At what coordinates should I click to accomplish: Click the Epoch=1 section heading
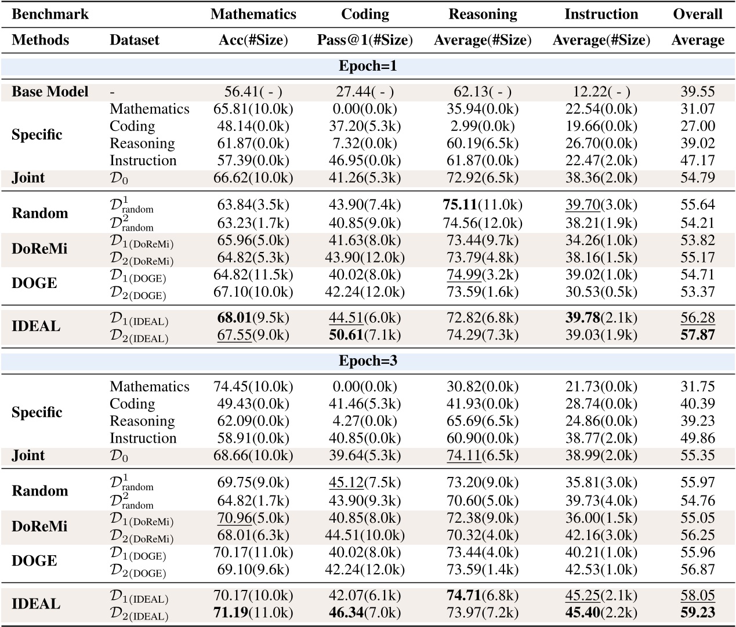click(368, 66)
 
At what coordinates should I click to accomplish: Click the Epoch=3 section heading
click(368, 361)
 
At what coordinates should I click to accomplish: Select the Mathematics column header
click(253, 14)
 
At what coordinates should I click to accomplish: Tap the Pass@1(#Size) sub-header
click(365, 40)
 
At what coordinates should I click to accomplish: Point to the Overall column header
click(698, 14)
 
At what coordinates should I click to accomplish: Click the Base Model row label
click(50, 92)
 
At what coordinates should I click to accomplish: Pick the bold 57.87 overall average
click(698, 335)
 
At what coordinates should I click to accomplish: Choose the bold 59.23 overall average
click(698, 613)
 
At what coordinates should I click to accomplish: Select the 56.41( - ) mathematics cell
click(253, 92)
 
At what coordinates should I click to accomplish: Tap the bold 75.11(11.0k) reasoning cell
click(483, 205)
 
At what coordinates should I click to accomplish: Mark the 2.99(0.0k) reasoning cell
click(483, 126)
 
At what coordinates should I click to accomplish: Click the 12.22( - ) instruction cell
click(601, 92)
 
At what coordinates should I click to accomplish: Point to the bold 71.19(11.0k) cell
click(253, 613)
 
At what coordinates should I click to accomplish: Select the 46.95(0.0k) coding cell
click(365, 161)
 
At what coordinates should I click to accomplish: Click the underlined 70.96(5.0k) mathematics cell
click(253, 517)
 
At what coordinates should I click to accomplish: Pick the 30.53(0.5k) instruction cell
click(601, 291)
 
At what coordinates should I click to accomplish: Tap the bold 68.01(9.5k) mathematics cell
click(253, 318)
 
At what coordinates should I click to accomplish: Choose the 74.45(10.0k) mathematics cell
click(253, 387)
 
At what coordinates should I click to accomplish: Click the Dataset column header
click(135, 40)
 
